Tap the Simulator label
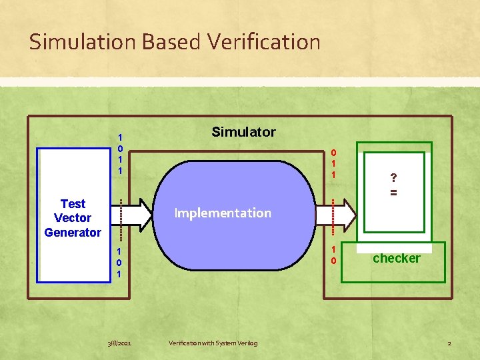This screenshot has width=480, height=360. pyautogui.click(x=243, y=132)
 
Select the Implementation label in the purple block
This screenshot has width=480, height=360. pyautogui.click(x=223, y=213)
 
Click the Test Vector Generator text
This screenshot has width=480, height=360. pyautogui.click(x=73, y=218)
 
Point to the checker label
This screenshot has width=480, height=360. pyautogui.click(x=396, y=258)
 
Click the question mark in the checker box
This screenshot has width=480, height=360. pyautogui.click(x=394, y=177)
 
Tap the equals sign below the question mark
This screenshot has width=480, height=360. pyautogui.click(x=394, y=192)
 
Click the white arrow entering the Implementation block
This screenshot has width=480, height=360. pyautogui.click(x=137, y=213)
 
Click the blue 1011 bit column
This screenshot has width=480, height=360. pyautogui.click(x=120, y=153)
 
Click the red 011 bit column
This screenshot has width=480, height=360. pyautogui.click(x=333, y=163)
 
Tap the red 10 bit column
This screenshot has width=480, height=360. pyautogui.click(x=333, y=255)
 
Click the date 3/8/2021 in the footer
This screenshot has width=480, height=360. pyautogui.click(x=119, y=343)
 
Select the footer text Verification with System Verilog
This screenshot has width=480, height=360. pyautogui.click(x=213, y=343)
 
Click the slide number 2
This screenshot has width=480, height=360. pyautogui.click(x=449, y=343)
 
